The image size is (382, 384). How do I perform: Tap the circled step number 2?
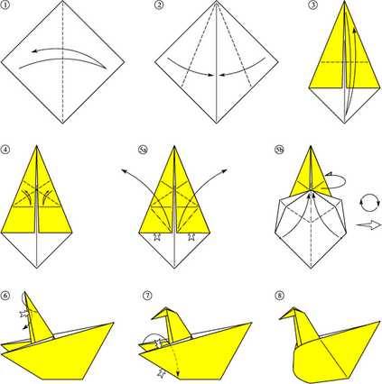(x=159, y=5)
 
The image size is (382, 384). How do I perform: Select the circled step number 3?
(x=313, y=5)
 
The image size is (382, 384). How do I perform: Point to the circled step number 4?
(x=5, y=150)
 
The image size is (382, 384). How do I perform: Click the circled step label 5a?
(x=143, y=150)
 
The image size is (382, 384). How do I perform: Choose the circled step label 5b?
(x=280, y=150)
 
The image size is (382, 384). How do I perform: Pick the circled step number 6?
(x=5, y=296)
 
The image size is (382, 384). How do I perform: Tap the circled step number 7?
(x=147, y=296)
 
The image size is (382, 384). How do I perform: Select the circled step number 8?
(x=280, y=296)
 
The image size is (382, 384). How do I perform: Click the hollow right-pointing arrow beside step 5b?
(x=368, y=224)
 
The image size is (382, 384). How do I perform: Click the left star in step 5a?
(x=156, y=237)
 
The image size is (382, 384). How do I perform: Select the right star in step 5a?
(x=191, y=237)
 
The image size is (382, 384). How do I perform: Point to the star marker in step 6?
(x=23, y=314)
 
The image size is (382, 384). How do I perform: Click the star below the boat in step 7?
(x=162, y=373)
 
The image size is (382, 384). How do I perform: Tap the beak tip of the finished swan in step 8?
(x=280, y=318)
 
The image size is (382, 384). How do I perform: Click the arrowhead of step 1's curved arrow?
(x=35, y=51)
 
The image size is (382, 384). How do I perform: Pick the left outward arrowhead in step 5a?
(x=124, y=171)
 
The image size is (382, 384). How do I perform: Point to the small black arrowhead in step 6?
(x=25, y=327)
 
